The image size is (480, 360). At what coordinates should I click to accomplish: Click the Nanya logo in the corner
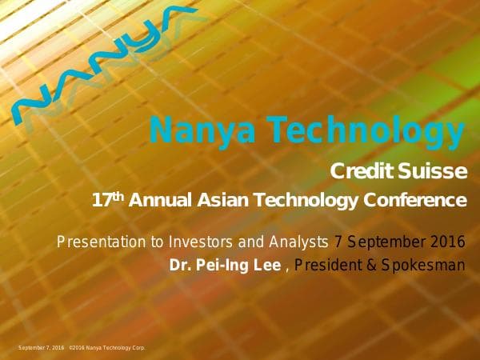click(x=104, y=60)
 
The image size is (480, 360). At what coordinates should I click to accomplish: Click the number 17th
click(x=110, y=198)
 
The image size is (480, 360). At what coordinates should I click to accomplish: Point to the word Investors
click(x=209, y=240)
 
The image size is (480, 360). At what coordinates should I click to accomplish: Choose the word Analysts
click(x=298, y=240)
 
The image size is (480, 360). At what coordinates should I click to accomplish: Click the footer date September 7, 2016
click(x=42, y=347)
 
